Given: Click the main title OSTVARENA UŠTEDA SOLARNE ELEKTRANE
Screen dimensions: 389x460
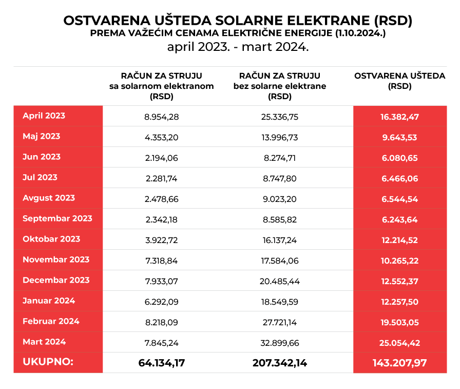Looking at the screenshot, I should click(237, 21).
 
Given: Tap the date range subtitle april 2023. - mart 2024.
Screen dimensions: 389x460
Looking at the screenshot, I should click(237, 47).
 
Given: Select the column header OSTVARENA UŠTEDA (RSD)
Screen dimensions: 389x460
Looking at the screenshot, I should click(399, 81).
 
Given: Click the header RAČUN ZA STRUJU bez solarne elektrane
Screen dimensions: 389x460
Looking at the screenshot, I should click(280, 86).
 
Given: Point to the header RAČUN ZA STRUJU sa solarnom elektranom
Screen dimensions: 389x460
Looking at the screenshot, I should click(162, 86).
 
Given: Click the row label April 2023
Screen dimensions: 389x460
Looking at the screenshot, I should click(44, 116).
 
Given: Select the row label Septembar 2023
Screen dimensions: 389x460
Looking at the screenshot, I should click(57, 218).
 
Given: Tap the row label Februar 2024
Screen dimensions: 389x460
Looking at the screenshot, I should click(51, 321).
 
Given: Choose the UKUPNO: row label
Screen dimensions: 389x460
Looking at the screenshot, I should click(48, 362).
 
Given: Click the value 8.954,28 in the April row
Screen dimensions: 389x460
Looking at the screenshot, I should click(162, 117).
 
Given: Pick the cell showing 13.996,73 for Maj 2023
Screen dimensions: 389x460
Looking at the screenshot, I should click(280, 137).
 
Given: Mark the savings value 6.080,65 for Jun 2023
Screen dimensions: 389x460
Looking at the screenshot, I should click(399, 158).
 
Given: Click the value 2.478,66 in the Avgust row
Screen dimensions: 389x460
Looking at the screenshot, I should click(162, 199).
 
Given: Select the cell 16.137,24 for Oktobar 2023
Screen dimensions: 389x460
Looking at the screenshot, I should click(280, 240).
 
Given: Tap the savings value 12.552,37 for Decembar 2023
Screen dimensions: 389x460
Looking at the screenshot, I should click(399, 281).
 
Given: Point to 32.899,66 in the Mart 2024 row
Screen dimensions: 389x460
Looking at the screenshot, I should click(280, 343).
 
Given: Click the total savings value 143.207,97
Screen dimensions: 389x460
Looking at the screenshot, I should click(399, 363).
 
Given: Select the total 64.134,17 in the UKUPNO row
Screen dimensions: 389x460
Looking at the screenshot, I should click(162, 363).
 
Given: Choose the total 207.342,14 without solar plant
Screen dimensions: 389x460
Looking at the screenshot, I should click(280, 363).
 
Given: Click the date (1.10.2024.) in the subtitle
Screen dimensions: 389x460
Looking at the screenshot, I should click(360, 34).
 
